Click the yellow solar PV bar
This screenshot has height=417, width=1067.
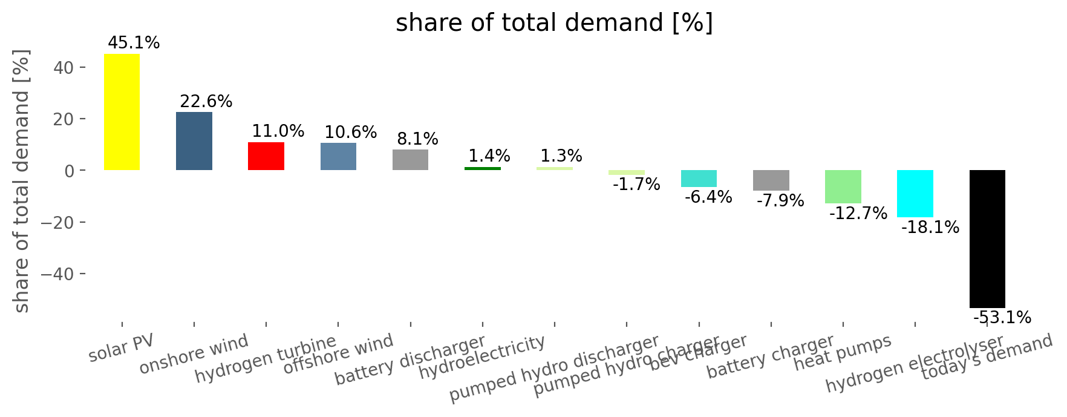122,112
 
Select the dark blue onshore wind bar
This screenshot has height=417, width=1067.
194,141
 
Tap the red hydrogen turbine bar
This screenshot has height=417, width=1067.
266,156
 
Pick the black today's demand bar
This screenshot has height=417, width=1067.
987,238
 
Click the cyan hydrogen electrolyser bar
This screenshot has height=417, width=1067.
915,194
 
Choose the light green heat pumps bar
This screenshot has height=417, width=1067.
843,186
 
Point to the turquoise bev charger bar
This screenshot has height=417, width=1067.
699,179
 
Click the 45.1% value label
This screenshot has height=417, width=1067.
134,43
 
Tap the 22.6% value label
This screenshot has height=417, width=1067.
206,101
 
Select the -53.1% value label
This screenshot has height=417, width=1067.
1002,317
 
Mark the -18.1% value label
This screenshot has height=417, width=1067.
930,228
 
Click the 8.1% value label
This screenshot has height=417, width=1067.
417,139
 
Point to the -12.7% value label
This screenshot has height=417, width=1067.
858,213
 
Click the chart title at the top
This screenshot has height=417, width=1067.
554,23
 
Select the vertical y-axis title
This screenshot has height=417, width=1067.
21,182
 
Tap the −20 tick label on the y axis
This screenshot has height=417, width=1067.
58,223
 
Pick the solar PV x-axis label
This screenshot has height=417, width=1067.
121,347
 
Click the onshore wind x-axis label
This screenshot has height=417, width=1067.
194,354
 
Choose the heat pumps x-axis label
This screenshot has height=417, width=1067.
843,353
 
